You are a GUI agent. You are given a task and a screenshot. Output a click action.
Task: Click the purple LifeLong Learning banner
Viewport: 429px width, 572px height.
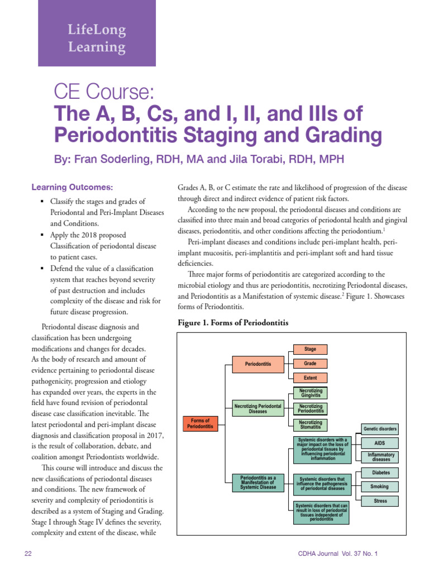[x=97, y=38]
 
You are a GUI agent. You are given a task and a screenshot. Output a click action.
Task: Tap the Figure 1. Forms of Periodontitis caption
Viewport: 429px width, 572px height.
[x=232, y=323]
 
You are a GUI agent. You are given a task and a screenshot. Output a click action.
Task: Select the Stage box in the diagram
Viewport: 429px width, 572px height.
[x=310, y=349]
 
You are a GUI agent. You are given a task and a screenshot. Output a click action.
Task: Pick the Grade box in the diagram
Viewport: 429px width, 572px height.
[x=310, y=364]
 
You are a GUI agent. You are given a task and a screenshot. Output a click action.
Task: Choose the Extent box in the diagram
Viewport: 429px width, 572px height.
[x=310, y=378]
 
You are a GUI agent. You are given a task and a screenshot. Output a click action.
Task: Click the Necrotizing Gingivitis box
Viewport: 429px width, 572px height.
[x=310, y=393]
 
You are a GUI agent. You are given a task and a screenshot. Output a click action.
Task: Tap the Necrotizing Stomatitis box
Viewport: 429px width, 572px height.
[x=310, y=425]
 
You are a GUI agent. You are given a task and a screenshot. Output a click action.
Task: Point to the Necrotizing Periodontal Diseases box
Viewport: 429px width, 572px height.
[x=258, y=408]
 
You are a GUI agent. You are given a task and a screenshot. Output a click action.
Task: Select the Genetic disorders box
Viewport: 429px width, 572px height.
[x=380, y=430]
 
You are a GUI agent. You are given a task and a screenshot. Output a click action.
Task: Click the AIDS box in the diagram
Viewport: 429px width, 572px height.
[x=380, y=443]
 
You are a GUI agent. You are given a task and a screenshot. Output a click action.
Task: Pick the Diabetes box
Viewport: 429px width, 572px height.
[x=380, y=473]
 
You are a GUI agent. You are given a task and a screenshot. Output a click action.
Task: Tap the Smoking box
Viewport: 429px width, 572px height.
[x=380, y=487]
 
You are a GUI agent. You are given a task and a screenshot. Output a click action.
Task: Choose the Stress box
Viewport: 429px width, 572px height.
[x=380, y=501]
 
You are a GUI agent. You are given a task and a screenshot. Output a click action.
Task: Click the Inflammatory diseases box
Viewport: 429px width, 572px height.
[x=380, y=457]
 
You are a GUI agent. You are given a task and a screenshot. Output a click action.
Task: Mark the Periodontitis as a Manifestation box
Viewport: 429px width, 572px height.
[x=258, y=483]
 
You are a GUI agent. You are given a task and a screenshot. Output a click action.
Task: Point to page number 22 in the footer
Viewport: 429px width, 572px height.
[x=28, y=554]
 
